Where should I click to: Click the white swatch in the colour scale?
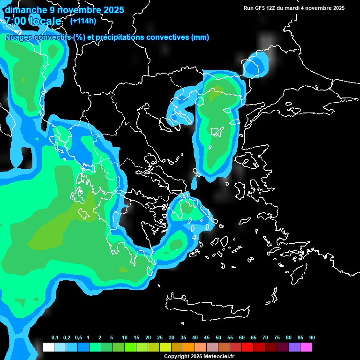(x=48, y=347)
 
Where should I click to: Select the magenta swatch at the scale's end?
(x=306, y=347)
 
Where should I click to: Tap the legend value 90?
(x=312, y=337)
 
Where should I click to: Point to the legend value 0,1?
(x=55, y=337)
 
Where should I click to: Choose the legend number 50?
(x=218, y=337)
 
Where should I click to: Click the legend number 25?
(x=160, y=337)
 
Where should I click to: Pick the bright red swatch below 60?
(x=247, y=347)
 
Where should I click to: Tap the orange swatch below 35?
(x=188, y=347)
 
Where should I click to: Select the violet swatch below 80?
(x=294, y=347)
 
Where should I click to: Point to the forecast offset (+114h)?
(x=83, y=21)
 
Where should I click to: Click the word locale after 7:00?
(x=45, y=21)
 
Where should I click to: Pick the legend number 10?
(x=125, y=337)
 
